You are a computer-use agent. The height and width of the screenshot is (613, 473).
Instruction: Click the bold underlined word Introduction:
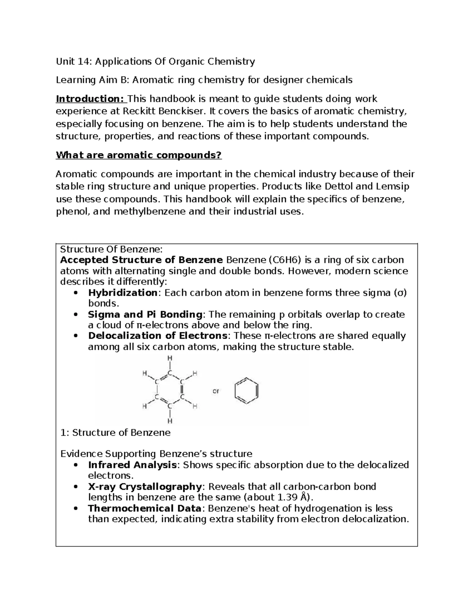point(90,99)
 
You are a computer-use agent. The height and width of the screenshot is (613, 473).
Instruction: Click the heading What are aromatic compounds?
point(139,155)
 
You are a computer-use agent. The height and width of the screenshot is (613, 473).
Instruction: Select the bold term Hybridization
point(123,293)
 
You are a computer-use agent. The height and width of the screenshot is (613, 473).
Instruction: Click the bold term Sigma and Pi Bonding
point(145,315)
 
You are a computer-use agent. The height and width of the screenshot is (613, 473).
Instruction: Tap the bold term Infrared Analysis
point(132,465)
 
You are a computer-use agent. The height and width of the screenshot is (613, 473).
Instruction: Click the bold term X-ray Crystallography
point(145,486)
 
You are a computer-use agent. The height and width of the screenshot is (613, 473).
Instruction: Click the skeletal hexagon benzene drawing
point(246,391)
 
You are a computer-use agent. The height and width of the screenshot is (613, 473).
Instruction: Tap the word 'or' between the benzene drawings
point(216,392)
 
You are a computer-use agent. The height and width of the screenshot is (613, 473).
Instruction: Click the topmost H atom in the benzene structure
point(170,358)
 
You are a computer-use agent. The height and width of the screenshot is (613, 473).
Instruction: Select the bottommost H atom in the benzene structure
point(170,421)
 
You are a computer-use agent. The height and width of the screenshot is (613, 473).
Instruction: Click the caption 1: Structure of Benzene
point(115,433)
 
